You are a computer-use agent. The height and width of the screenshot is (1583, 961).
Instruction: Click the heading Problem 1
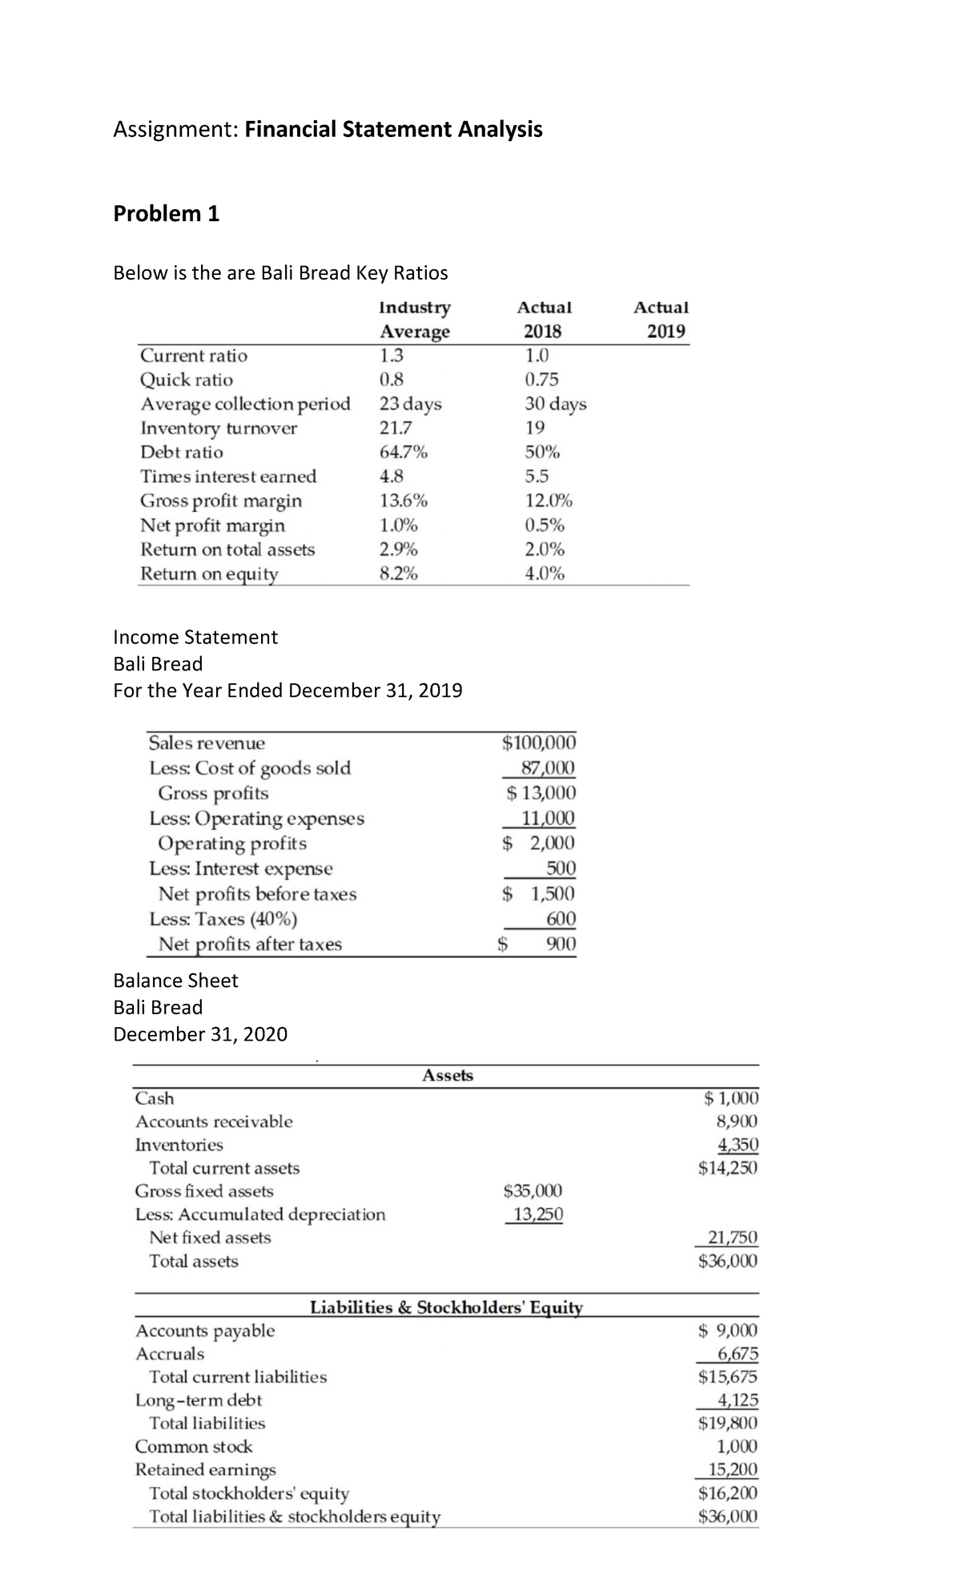tap(166, 214)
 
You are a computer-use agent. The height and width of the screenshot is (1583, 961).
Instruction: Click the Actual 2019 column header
tap(661, 319)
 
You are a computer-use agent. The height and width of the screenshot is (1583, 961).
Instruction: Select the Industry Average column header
tap(414, 319)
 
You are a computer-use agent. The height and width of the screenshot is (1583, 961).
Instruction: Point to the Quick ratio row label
tap(187, 380)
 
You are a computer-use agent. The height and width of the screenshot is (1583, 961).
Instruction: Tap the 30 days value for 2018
tap(555, 404)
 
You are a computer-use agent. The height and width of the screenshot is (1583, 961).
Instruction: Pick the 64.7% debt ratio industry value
tap(403, 452)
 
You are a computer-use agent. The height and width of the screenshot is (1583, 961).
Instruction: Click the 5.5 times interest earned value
tap(537, 477)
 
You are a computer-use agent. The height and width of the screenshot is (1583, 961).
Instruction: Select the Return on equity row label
tap(209, 574)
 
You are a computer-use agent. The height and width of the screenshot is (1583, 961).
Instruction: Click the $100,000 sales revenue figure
tap(538, 743)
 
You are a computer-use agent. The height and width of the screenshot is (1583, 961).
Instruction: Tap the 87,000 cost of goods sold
tap(547, 767)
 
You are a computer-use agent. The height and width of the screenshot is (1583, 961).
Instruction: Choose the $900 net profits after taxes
tap(560, 945)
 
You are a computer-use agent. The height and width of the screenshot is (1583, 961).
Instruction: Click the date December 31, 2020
tap(200, 1034)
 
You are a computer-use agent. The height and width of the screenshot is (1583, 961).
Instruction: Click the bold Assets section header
tap(448, 1076)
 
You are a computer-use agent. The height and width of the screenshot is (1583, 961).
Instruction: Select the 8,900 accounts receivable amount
tap(737, 1122)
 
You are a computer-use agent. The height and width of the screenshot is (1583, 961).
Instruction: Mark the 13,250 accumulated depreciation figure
tap(537, 1214)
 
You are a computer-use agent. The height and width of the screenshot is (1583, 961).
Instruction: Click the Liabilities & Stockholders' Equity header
tap(446, 1308)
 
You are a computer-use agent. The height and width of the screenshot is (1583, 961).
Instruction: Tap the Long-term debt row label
tap(199, 1400)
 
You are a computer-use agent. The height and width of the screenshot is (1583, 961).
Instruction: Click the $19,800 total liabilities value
tap(727, 1424)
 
